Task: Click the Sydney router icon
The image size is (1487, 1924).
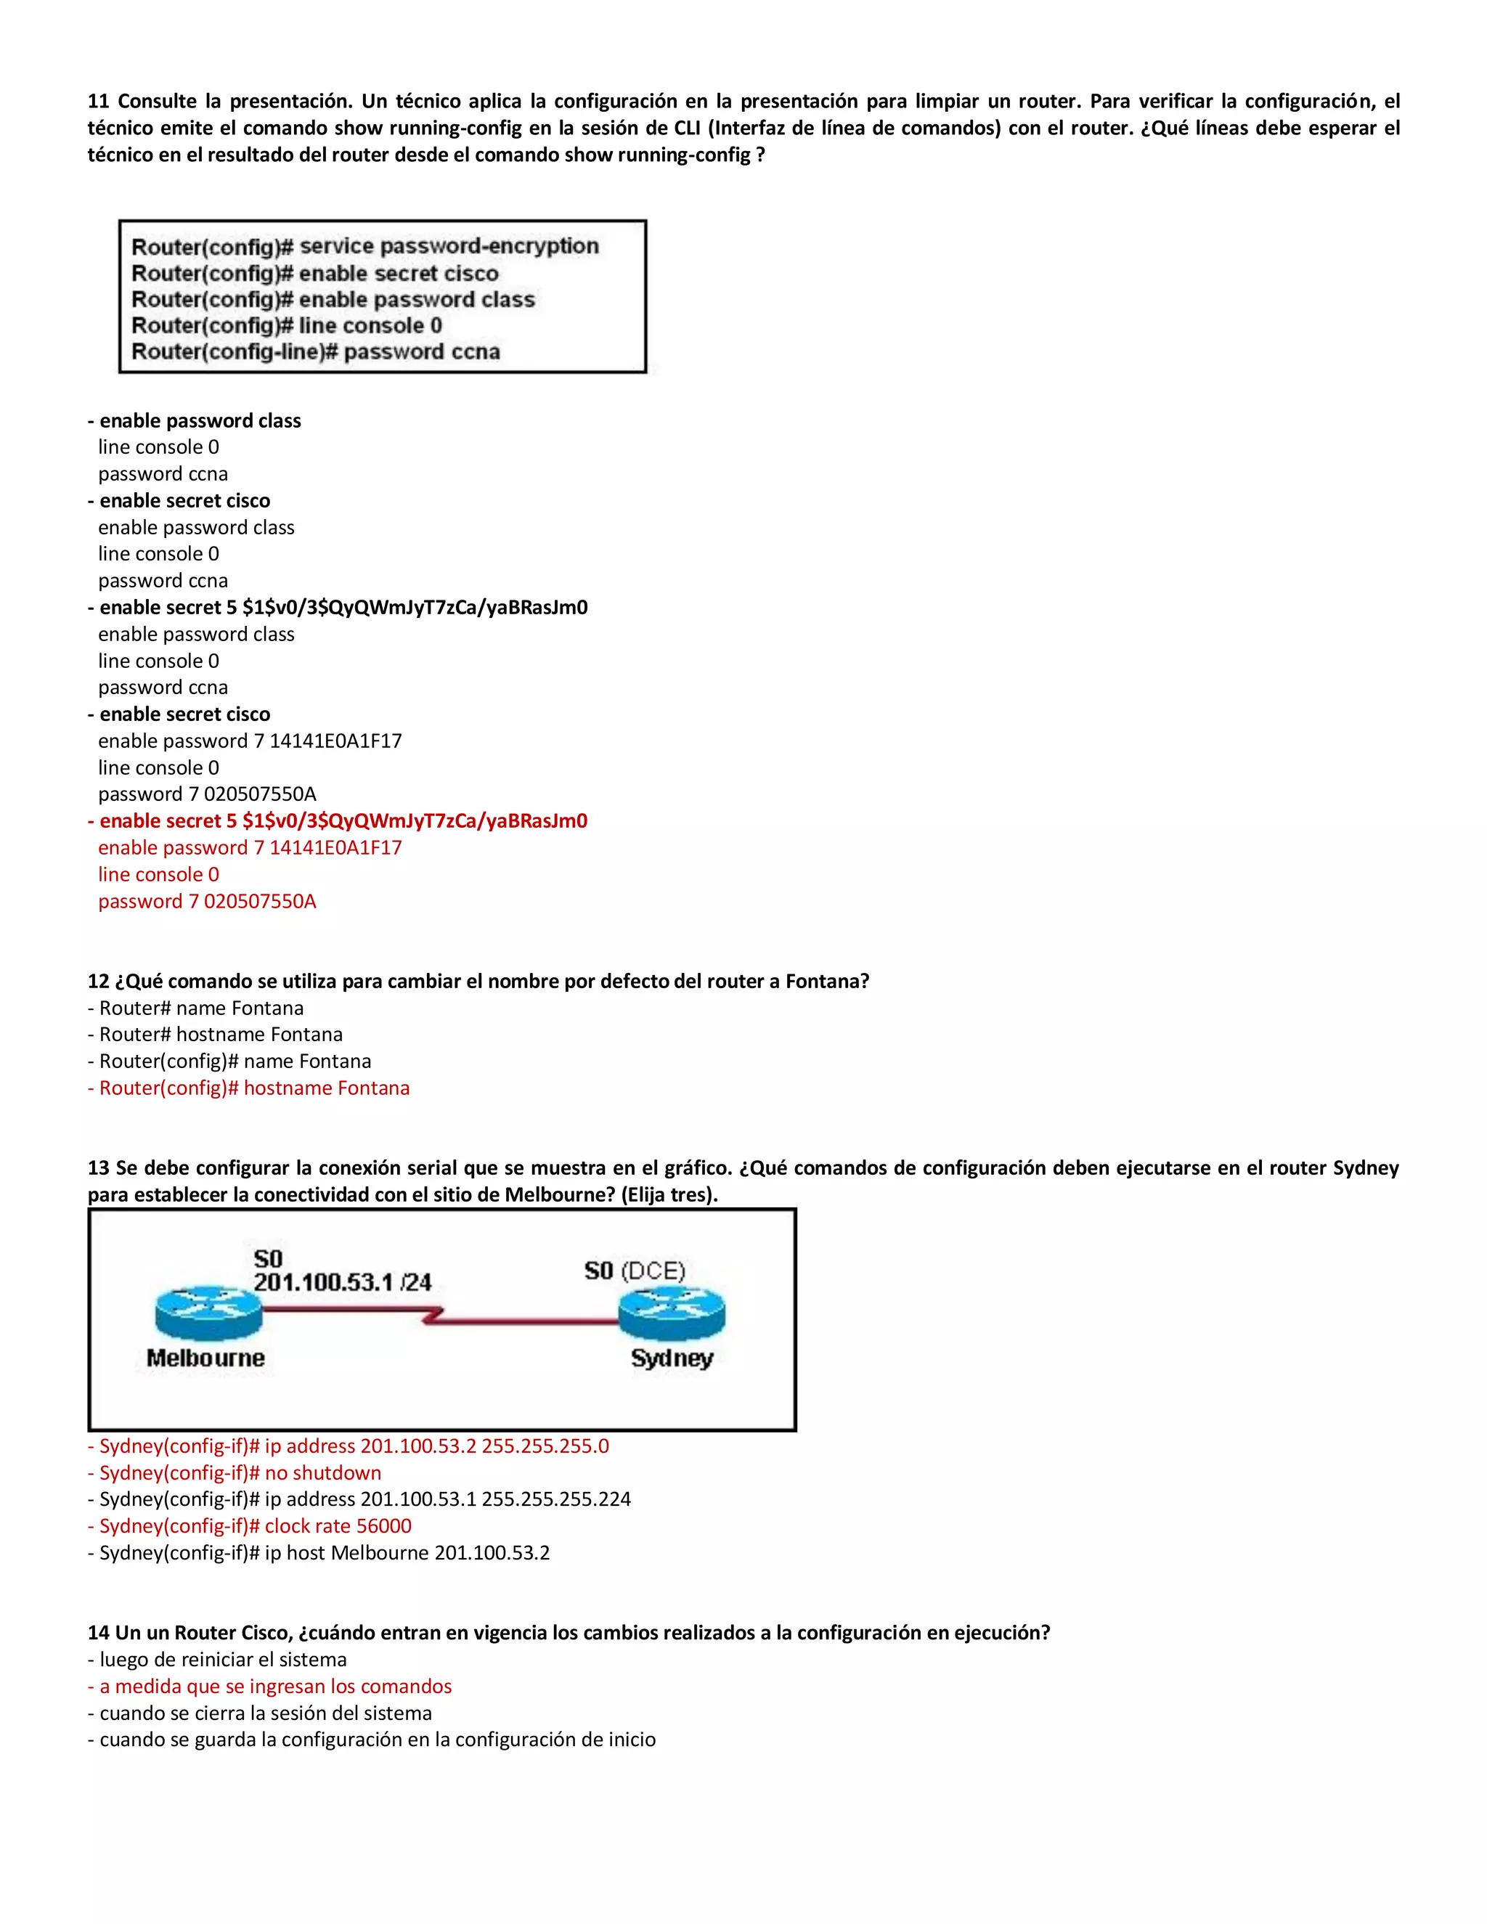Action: tap(672, 1313)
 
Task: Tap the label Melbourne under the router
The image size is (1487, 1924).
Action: tap(205, 1358)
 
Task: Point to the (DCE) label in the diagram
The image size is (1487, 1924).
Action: tap(653, 1271)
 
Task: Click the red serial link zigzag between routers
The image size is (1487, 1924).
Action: tap(432, 1316)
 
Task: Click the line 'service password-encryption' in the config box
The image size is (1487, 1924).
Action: tap(449, 246)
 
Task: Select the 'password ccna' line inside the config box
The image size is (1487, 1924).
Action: tap(421, 351)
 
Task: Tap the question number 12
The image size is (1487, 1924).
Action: tap(98, 982)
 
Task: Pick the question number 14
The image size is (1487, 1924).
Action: tap(98, 1632)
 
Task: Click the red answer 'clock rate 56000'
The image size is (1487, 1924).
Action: tap(338, 1526)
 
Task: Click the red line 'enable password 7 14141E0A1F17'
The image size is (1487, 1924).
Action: tap(250, 847)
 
